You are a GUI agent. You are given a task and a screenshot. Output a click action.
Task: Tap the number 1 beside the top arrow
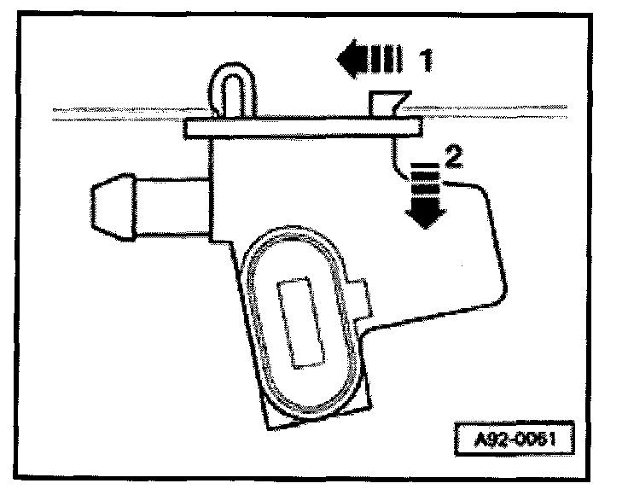(x=424, y=60)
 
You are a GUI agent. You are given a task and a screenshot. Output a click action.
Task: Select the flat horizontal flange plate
(x=303, y=128)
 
